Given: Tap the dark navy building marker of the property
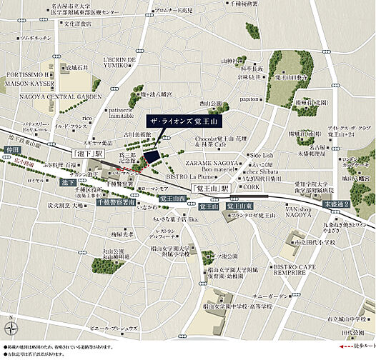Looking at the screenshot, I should (x=152, y=154).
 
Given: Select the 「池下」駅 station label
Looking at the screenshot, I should (x=86, y=153).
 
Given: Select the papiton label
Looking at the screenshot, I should (x=249, y=99).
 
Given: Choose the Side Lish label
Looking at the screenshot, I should (x=261, y=155).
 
